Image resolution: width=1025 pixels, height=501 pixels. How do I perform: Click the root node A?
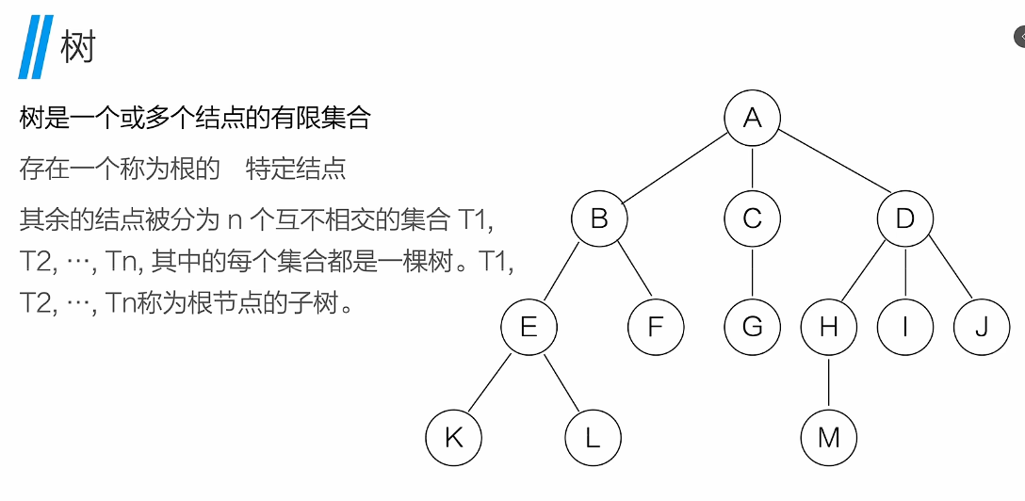click(x=753, y=118)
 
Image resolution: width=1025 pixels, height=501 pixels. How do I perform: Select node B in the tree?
click(x=599, y=219)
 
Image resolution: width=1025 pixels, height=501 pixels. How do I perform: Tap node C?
click(x=753, y=219)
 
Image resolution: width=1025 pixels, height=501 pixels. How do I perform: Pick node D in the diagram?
click(x=905, y=219)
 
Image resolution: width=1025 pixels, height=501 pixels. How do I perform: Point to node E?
click(x=529, y=327)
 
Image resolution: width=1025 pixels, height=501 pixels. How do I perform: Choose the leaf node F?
click(x=657, y=327)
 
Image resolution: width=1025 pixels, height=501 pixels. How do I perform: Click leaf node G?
click(x=753, y=327)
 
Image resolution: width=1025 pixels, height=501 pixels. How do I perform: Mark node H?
click(x=829, y=327)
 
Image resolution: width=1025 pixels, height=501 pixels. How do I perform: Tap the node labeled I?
click(x=905, y=327)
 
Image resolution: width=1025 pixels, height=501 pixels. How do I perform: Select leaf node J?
click(x=982, y=327)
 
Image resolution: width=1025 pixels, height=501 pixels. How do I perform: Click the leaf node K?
click(x=453, y=437)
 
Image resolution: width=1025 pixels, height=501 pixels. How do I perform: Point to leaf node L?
click(x=593, y=437)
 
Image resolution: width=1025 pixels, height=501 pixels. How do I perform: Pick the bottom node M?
click(x=829, y=437)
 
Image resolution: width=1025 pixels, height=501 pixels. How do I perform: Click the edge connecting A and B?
click(x=675, y=169)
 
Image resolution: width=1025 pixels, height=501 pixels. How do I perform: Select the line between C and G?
click(x=753, y=273)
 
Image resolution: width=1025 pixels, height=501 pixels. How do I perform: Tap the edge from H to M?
click(x=829, y=381)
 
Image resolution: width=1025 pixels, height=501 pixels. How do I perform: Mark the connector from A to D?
click(x=829, y=169)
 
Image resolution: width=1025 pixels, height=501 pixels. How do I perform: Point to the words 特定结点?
click(x=296, y=169)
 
